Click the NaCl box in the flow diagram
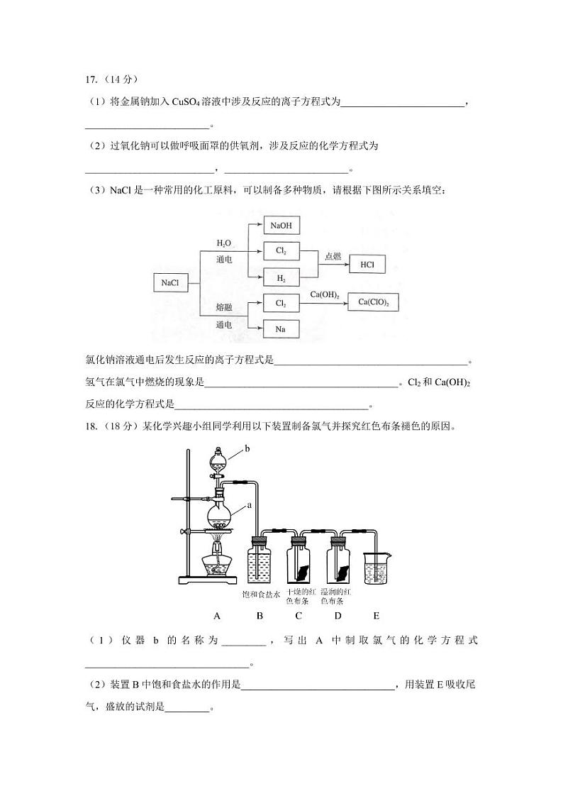coord(169,282)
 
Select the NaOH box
coord(281,226)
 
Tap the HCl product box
coord(367,265)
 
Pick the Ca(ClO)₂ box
coord(374,302)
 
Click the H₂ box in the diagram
coord(281,279)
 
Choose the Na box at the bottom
coord(281,328)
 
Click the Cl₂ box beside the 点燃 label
coord(281,251)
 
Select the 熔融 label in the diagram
coord(224,306)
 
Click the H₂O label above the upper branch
coord(224,243)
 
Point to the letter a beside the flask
coord(250,506)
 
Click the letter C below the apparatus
coord(299,616)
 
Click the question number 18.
coord(91,427)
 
